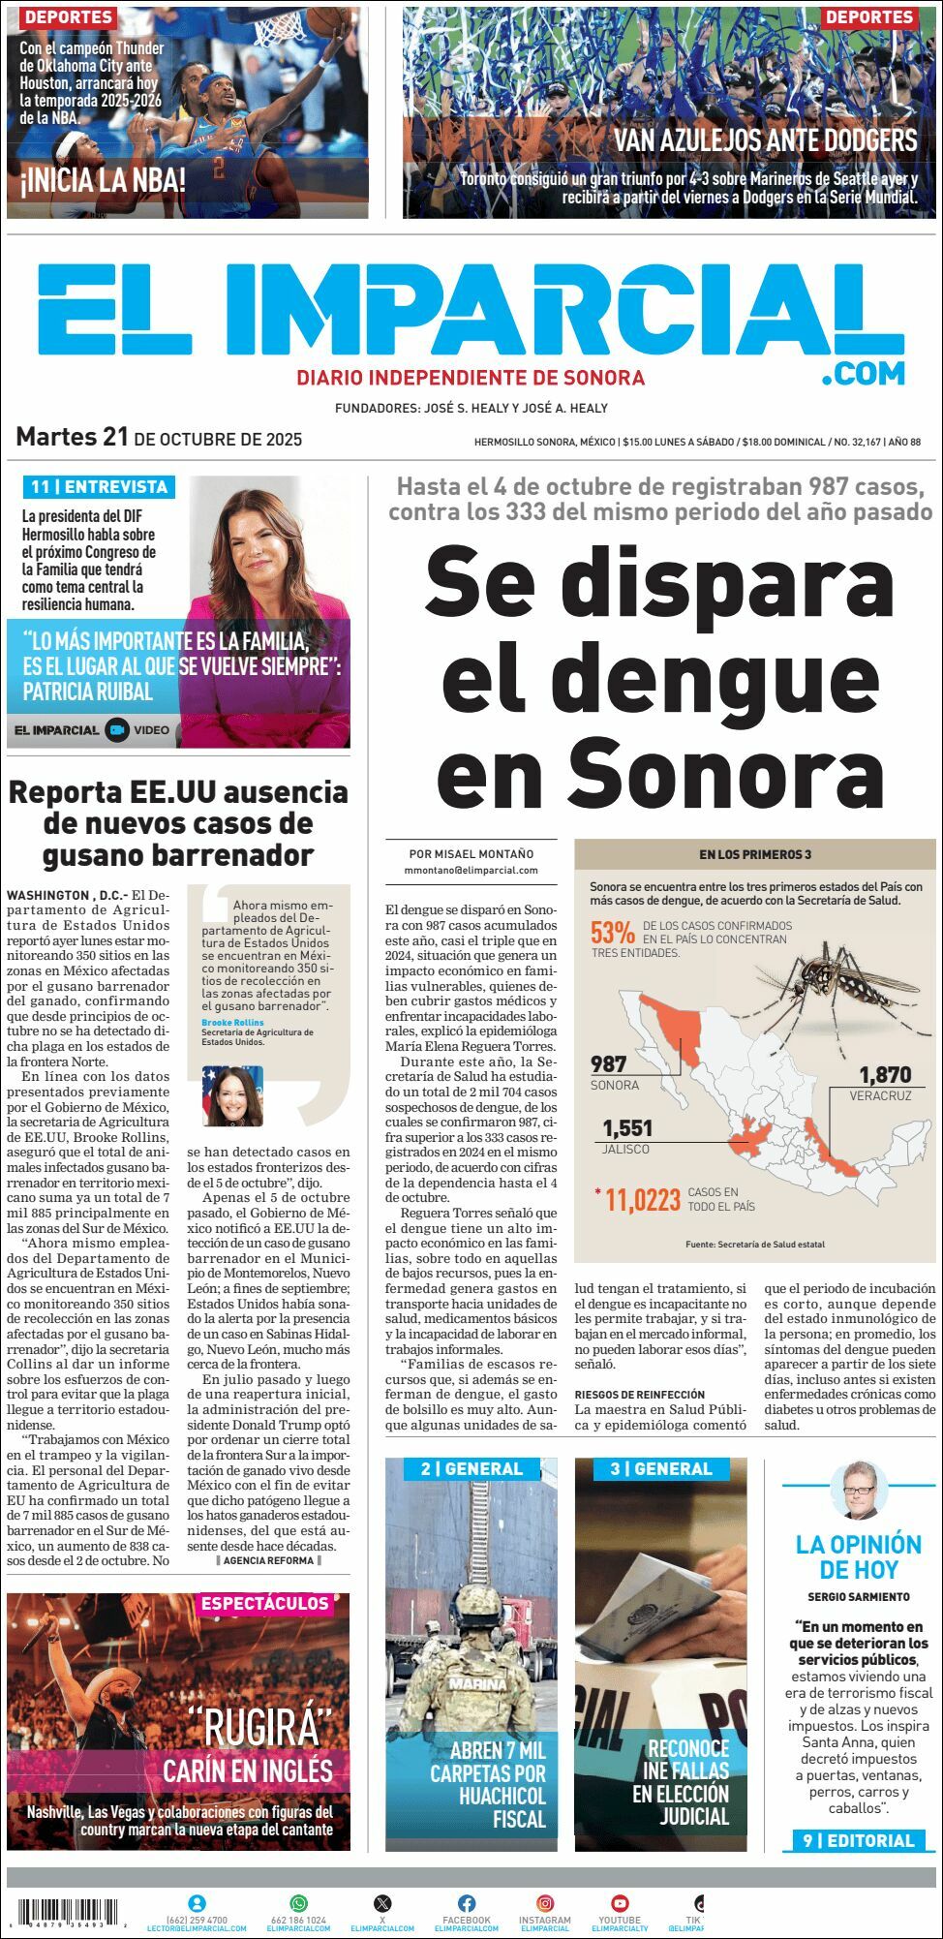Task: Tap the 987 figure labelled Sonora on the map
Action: [609, 1064]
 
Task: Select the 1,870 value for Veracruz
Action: [885, 1074]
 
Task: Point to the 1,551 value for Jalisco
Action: [627, 1128]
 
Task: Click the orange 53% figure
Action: [613, 933]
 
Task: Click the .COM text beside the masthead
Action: [863, 373]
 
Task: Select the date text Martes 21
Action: [73, 437]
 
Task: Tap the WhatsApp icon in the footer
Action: [298, 1903]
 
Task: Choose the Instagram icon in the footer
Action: [545, 1903]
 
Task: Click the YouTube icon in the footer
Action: [620, 1903]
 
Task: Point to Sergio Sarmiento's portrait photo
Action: [859, 1491]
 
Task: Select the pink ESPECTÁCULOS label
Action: [265, 1604]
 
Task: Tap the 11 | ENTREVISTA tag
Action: [99, 486]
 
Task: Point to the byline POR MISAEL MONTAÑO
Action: [471, 854]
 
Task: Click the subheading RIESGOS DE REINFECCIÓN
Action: [639, 1394]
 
